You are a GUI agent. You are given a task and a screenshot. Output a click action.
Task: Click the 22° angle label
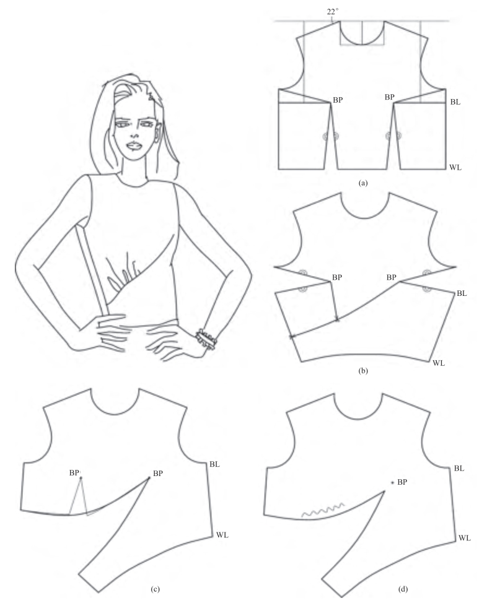click(333, 12)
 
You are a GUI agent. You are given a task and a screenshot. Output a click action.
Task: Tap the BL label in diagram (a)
click(455, 102)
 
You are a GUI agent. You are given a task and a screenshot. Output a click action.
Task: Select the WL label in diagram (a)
click(455, 167)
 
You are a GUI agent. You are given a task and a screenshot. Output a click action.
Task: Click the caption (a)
click(362, 183)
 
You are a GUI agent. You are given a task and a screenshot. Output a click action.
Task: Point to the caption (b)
click(362, 371)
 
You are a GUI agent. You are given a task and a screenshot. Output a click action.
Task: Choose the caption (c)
click(156, 589)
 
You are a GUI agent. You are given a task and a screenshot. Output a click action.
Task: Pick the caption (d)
click(403, 589)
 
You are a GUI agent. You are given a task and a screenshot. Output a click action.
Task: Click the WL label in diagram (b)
click(439, 363)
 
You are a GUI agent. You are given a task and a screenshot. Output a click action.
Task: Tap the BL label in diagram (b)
click(462, 293)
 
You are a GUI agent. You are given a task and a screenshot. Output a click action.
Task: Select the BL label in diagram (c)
click(214, 464)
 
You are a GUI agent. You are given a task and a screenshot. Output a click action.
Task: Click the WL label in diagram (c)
click(222, 535)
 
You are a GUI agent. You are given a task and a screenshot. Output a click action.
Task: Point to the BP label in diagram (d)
click(402, 482)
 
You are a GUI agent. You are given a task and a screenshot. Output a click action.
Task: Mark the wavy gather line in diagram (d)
click(323, 510)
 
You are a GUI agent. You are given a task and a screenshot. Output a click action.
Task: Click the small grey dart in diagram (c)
click(79, 496)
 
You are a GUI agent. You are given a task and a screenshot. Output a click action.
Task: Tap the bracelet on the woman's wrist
click(206, 339)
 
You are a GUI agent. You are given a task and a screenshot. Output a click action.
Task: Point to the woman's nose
click(134, 132)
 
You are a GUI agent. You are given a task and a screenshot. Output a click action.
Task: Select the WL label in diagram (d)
click(464, 538)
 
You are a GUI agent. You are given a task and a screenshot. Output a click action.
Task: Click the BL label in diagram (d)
click(459, 469)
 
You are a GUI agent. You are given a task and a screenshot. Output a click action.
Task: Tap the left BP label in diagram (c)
click(74, 473)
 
